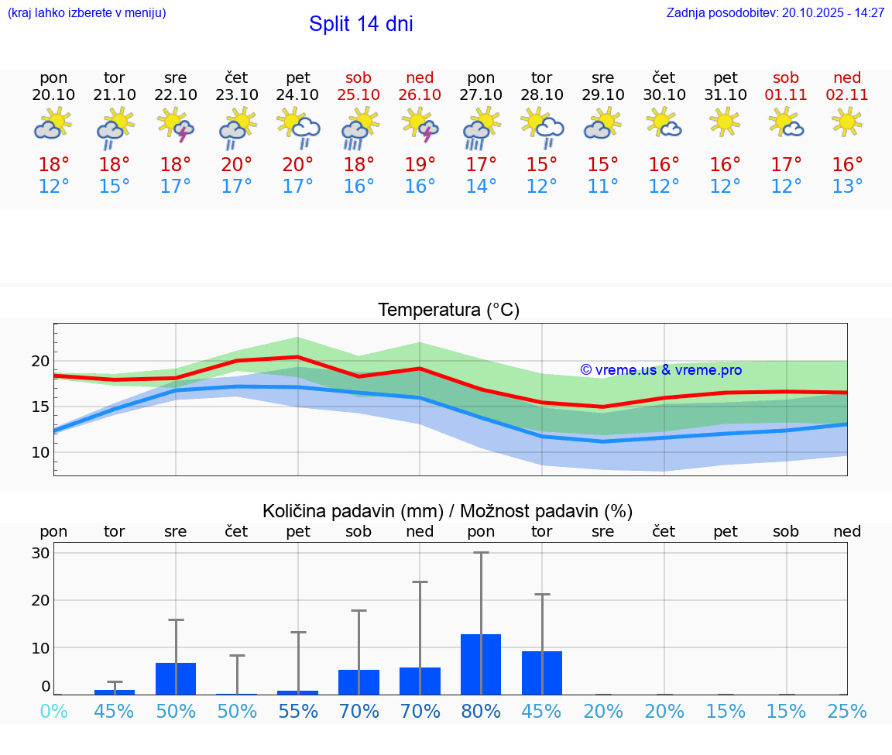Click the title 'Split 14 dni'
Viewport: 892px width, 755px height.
[361, 24]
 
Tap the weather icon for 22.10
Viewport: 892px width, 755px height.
[176, 125]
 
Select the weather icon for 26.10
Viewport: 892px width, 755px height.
[420, 125]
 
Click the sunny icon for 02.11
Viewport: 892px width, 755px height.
[847, 122]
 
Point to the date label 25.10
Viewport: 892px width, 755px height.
[359, 94]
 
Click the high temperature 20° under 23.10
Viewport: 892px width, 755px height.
[236, 165]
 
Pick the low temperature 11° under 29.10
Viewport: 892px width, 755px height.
[602, 187]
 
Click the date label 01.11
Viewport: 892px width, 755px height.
[786, 94]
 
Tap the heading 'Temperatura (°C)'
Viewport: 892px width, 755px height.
[448, 311]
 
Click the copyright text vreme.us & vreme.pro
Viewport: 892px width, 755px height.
[660, 370]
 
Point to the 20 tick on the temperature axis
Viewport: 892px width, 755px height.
[40, 361]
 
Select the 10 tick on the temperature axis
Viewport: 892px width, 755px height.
[40, 452]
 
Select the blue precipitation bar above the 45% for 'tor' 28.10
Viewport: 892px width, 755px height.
[542, 673]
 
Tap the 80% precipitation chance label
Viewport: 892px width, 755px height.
[481, 711]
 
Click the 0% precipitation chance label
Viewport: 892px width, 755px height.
[53, 711]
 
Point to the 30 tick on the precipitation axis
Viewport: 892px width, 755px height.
[40, 553]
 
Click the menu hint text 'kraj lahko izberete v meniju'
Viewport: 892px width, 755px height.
[87, 12]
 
